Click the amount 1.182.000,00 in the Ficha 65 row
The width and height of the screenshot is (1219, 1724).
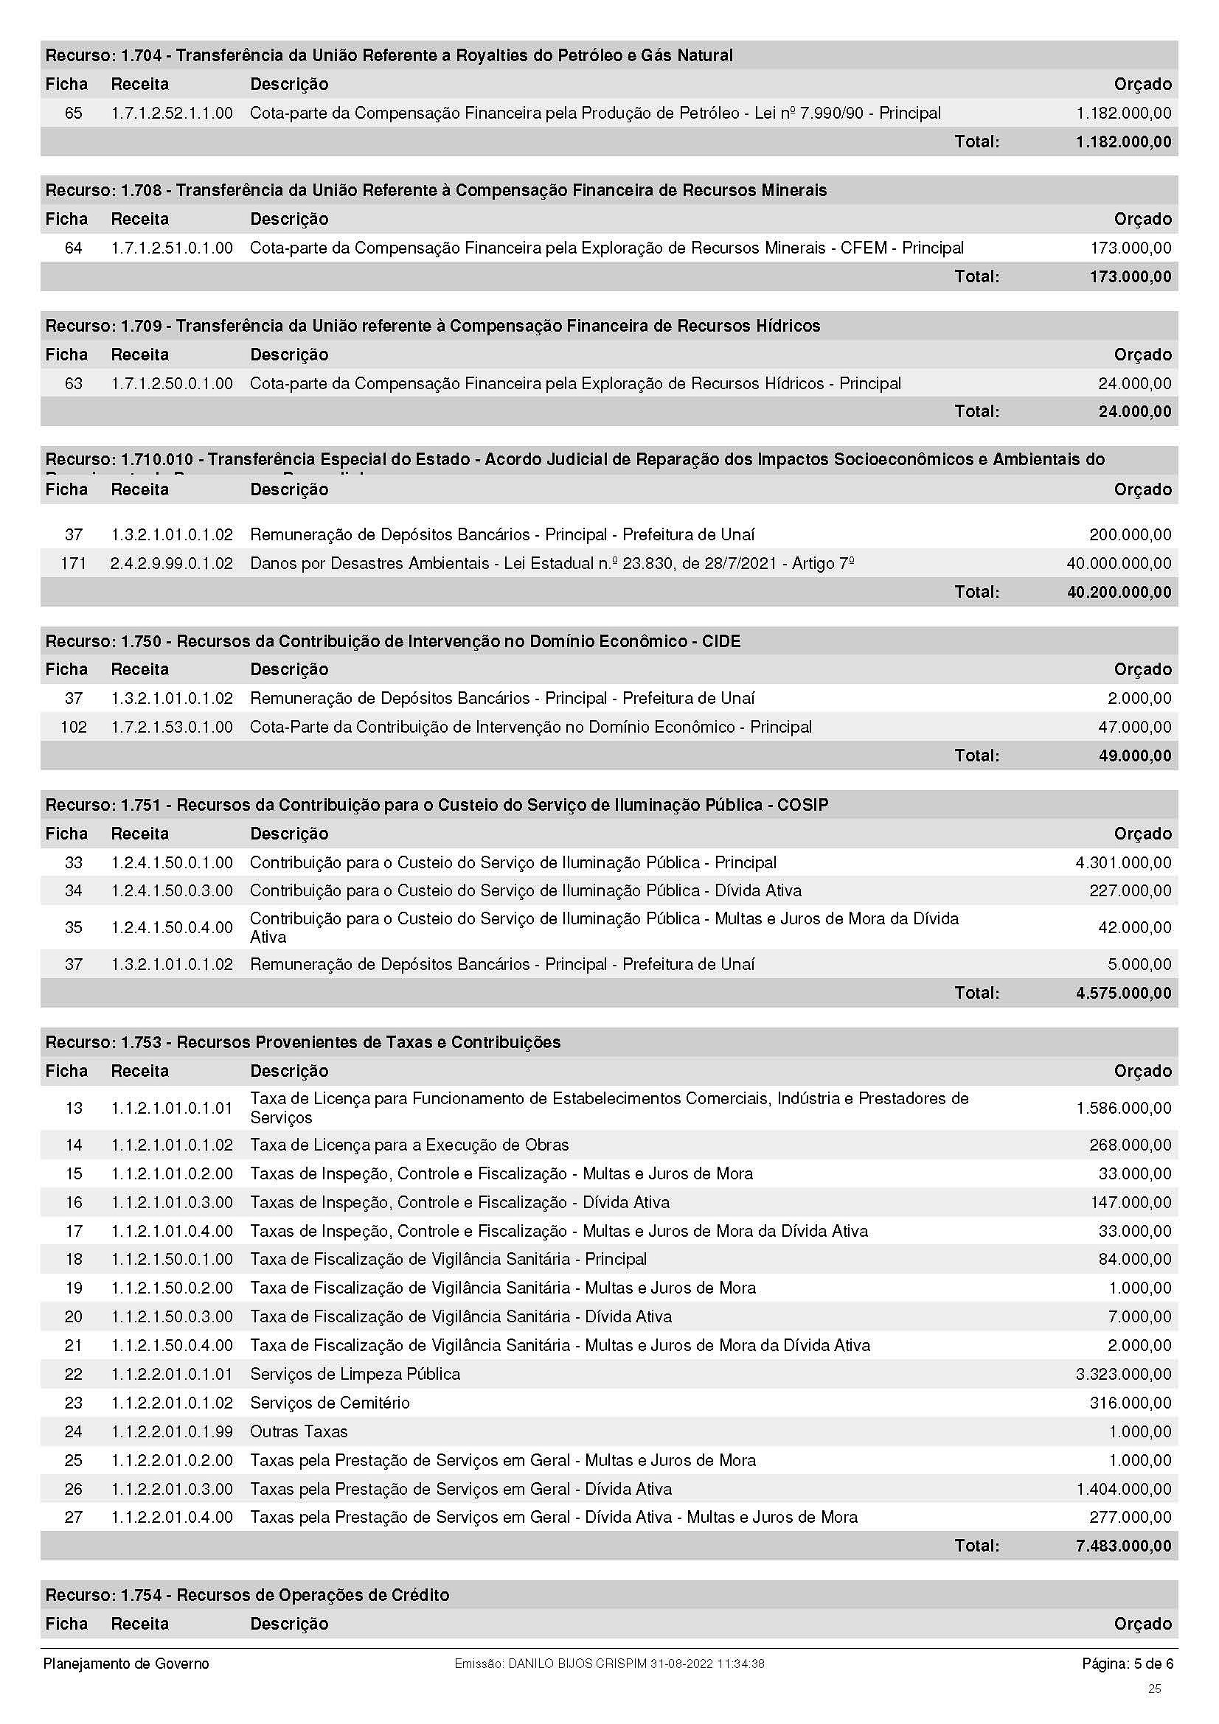pyautogui.click(x=1123, y=114)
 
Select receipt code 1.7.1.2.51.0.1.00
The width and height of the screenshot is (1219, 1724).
pyautogui.click(x=172, y=248)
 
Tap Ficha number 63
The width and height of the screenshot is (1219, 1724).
pyautogui.click(x=74, y=384)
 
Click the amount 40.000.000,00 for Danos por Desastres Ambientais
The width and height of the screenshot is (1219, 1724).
pyautogui.click(x=1119, y=563)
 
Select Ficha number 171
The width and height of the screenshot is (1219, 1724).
pyautogui.click(x=73, y=563)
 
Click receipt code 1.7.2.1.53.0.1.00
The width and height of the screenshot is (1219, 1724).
pyautogui.click(x=172, y=727)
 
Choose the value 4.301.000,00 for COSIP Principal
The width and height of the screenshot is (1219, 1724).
pyautogui.click(x=1123, y=863)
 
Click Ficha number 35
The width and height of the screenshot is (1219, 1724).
pyautogui.click(x=74, y=927)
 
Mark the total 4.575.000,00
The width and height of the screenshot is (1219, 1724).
pyautogui.click(x=1123, y=993)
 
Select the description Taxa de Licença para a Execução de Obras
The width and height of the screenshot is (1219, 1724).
pyautogui.click(x=409, y=1145)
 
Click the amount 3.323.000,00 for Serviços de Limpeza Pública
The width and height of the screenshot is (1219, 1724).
pyautogui.click(x=1123, y=1374)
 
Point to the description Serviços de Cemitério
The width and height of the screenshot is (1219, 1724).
pyautogui.click(x=330, y=1403)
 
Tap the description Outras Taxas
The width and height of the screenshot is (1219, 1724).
pyautogui.click(x=299, y=1431)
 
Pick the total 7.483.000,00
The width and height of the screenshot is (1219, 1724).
pyautogui.click(x=1123, y=1546)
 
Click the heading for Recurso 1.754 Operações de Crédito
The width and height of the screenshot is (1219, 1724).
pyautogui.click(x=248, y=1595)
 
